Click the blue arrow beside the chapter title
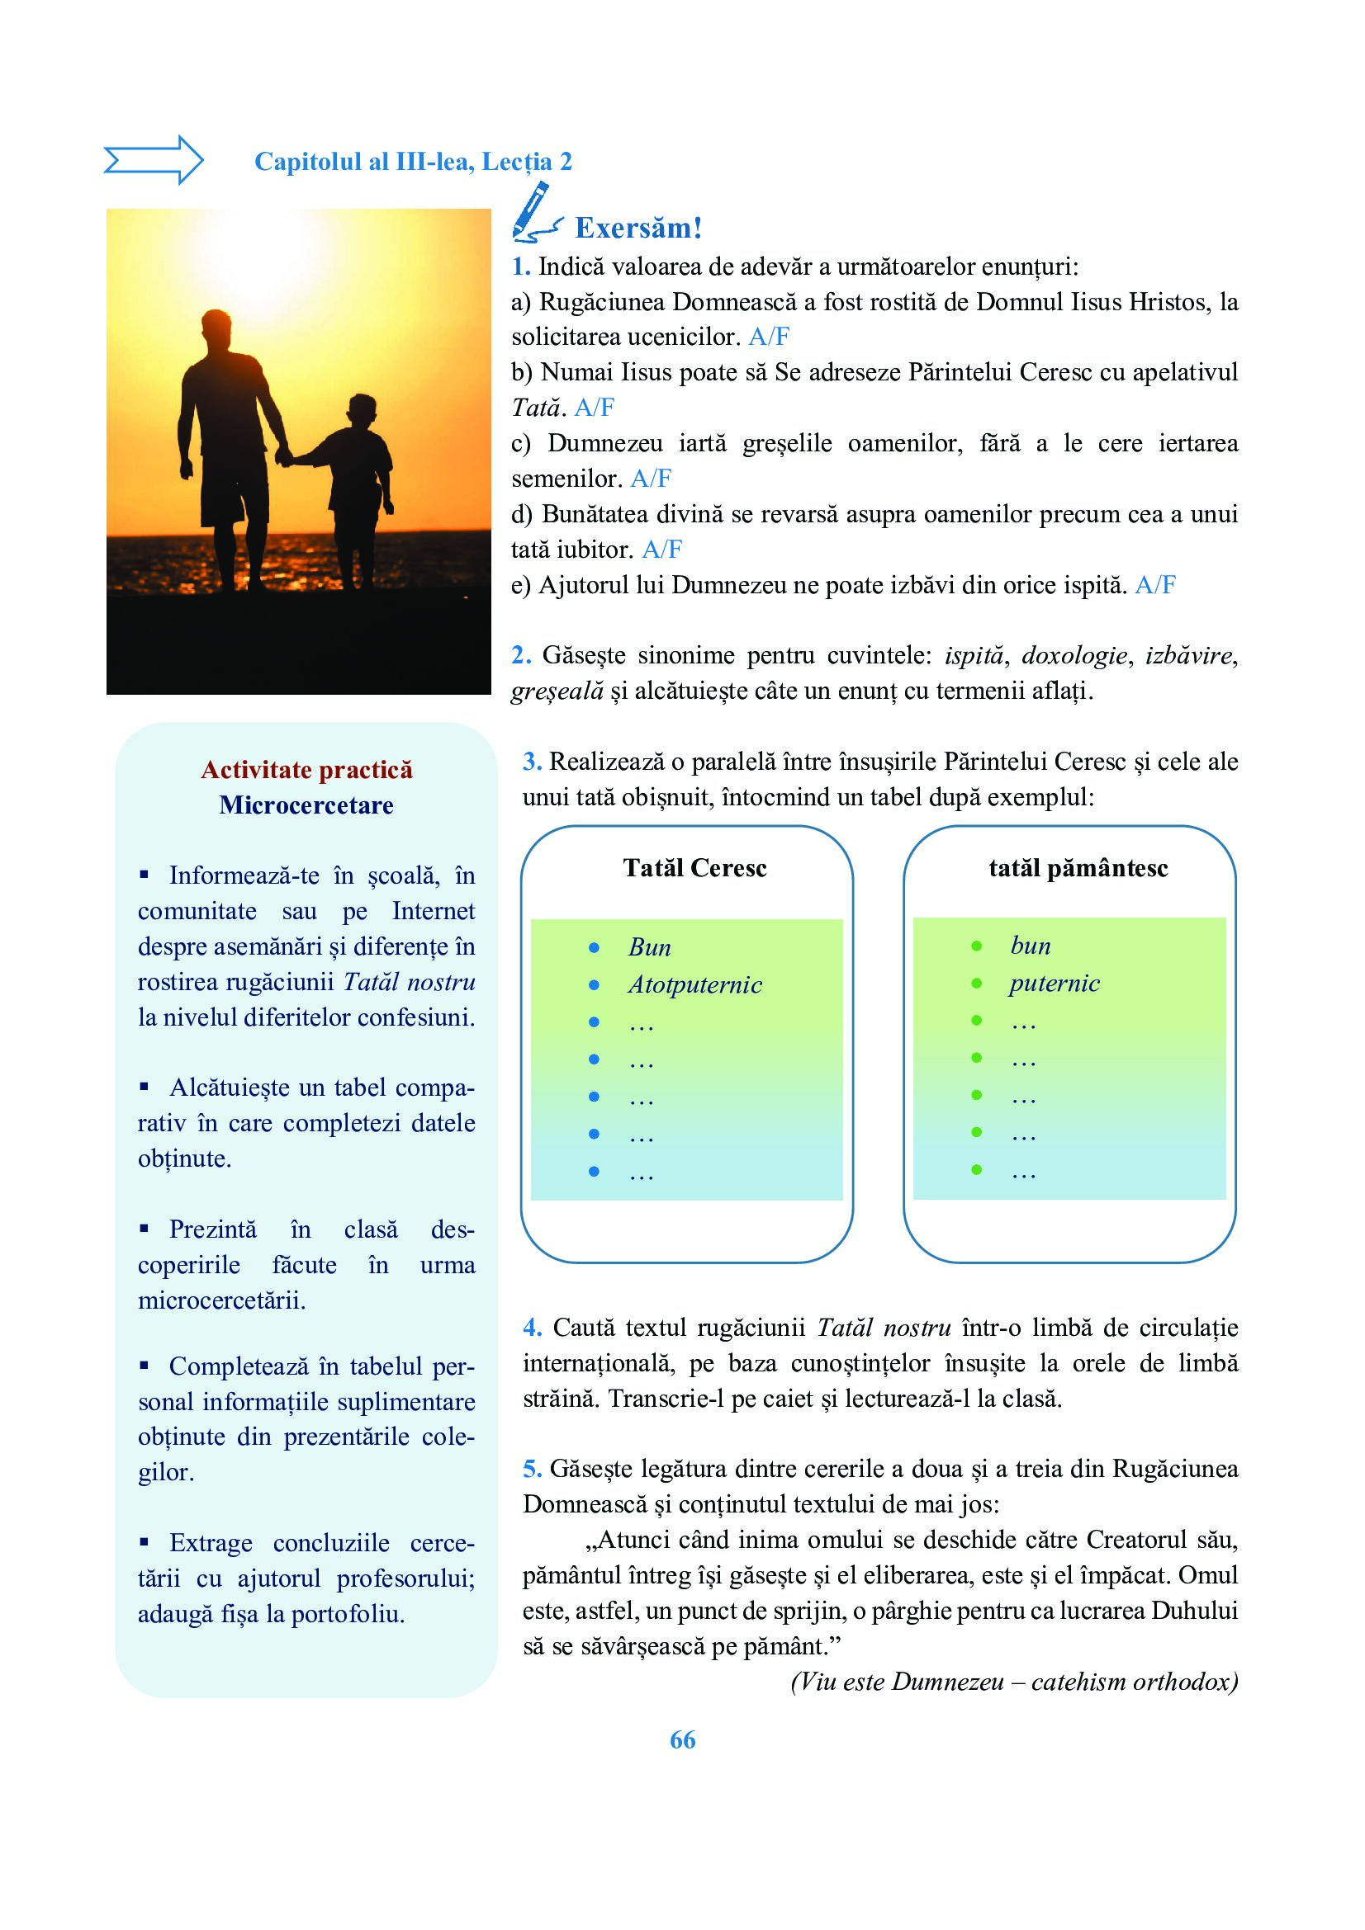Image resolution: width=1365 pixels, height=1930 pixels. click(153, 160)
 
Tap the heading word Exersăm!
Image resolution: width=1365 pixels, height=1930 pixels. click(637, 228)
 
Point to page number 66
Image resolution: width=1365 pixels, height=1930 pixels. click(682, 1740)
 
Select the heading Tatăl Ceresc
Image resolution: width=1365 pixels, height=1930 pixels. click(694, 868)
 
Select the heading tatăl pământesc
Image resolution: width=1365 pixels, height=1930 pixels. click(1078, 868)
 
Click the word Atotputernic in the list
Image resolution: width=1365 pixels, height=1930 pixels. click(694, 985)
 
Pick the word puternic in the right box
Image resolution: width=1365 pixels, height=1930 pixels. click(1055, 984)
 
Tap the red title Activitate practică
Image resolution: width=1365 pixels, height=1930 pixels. click(307, 770)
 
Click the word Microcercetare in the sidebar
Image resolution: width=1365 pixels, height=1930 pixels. click(307, 805)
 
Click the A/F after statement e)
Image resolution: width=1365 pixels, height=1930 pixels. click(1154, 585)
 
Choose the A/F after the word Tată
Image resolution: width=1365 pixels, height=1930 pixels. click(594, 408)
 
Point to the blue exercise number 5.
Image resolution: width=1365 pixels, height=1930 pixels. click(532, 1469)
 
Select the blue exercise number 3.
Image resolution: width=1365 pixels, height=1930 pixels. click(532, 762)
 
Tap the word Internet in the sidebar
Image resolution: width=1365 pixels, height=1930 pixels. click(434, 911)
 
